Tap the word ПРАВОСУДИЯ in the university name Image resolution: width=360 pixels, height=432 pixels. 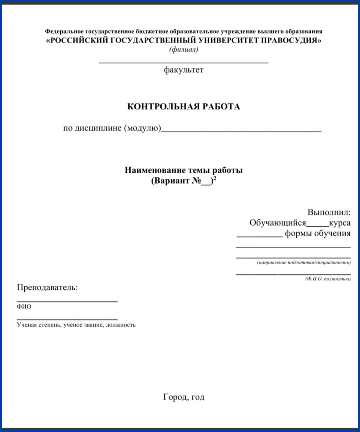coord(291,41)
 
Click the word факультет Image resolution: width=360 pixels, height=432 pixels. coord(183,70)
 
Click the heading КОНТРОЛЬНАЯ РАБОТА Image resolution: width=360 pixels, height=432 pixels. coord(183,107)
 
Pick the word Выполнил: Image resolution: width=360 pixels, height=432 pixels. coord(329,212)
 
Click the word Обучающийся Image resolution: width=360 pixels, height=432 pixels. coord(278,223)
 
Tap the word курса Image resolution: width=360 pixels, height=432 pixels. coord(340,223)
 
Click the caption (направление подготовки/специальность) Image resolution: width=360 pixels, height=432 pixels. coord(303,263)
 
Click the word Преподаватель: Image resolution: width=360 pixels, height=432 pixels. coord(47,287)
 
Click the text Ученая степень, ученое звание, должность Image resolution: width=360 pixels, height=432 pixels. coord(76,325)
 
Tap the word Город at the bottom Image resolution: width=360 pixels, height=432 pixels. coord(175,397)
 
